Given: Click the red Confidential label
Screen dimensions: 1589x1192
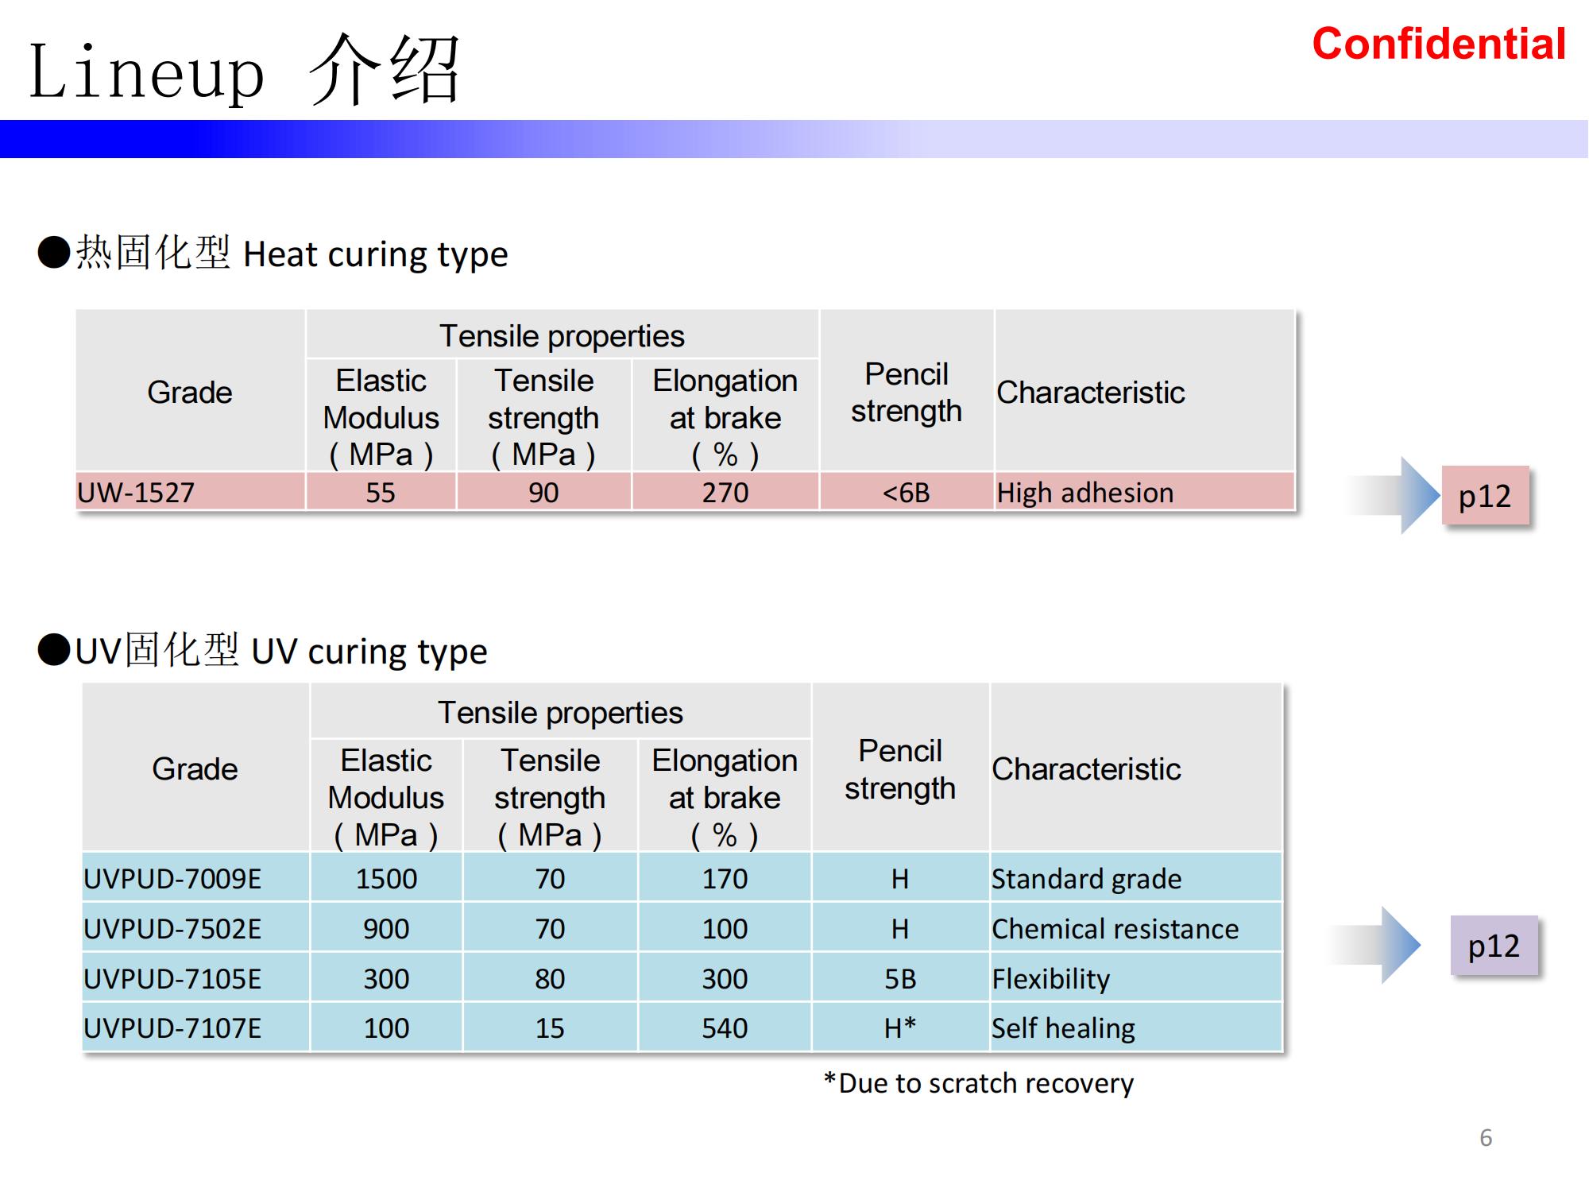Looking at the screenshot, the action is pyautogui.click(x=1439, y=44).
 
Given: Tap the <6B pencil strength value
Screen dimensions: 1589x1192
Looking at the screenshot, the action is pyautogui.click(x=906, y=493).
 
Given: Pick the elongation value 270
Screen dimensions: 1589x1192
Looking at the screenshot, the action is pyautogui.click(x=725, y=493).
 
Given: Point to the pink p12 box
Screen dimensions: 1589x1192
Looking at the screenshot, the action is pyautogui.click(x=1485, y=495).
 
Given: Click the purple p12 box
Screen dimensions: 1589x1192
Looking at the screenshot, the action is pyautogui.click(x=1494, y=945).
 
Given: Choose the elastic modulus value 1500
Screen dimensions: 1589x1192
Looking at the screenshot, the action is pyautogui.click(x=386, y=879).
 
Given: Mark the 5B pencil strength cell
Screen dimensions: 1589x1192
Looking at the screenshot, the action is pyautogui.click(x=900, y=979).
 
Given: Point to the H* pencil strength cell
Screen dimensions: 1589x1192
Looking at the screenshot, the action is pyautogui.click(x=900, y=1028).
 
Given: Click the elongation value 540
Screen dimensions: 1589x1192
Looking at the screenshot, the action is pyautogui.click(x=725, y=1028).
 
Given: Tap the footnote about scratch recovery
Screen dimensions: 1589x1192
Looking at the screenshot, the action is pyautogui.click(x=979, y=1083).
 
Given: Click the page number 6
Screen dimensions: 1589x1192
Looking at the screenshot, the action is pyautogui.click(x=1486, y=1138).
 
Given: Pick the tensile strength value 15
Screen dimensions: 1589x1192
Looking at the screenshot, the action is pyautogui.click(x=550, y=1028).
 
